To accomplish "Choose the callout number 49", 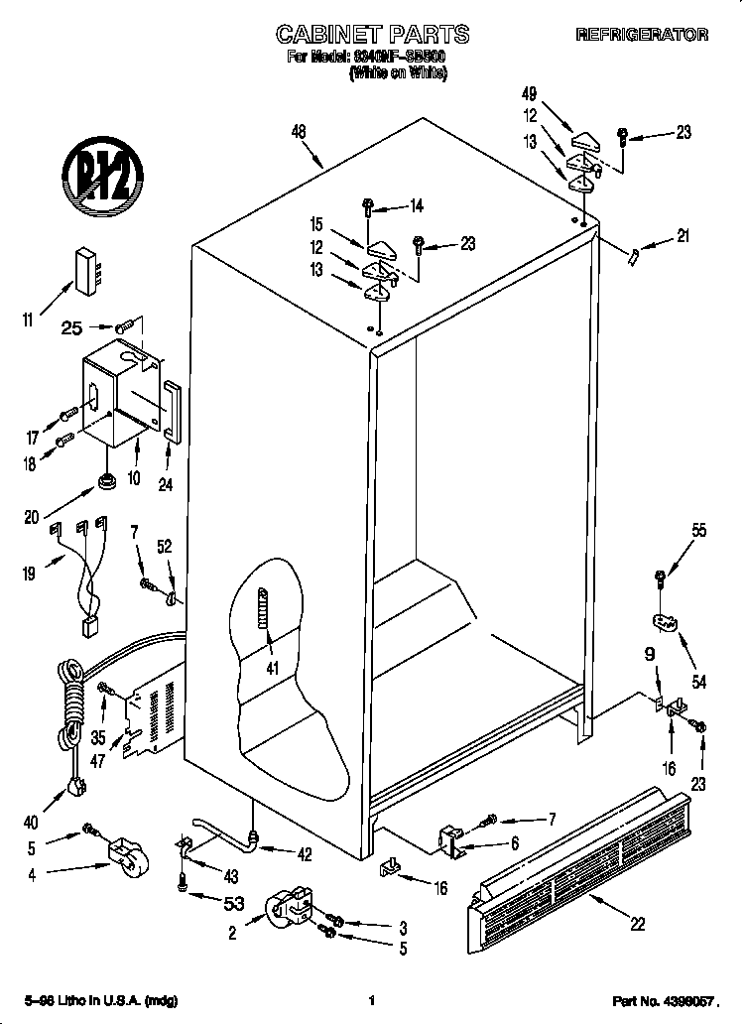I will (529, 94).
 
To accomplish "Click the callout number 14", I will (416, 206).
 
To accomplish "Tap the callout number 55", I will (698, 531).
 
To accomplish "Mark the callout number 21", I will (682, 236).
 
